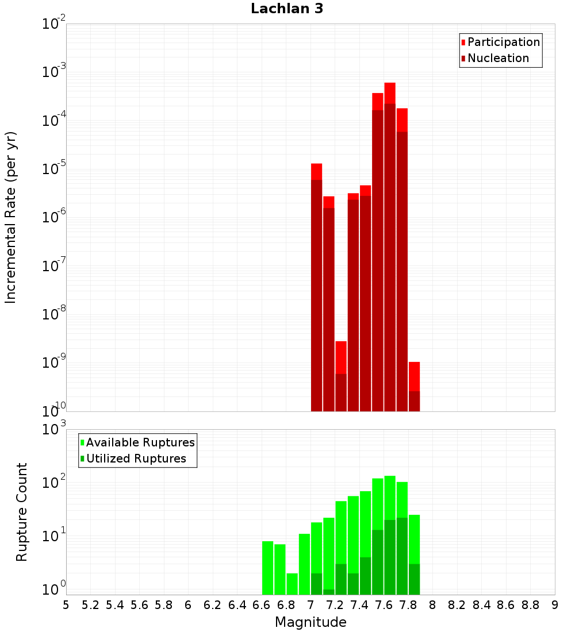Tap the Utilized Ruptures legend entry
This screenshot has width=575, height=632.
click(136, 459)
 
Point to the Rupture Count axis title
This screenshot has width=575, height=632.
click(22, 512)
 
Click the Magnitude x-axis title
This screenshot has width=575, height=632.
click(310, 622)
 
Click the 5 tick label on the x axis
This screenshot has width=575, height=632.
click(66, 605)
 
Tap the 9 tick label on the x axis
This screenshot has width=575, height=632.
click(555, 605)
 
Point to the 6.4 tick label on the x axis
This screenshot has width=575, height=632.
click(237, 605)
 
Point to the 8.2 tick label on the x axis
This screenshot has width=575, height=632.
click(457, 605)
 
